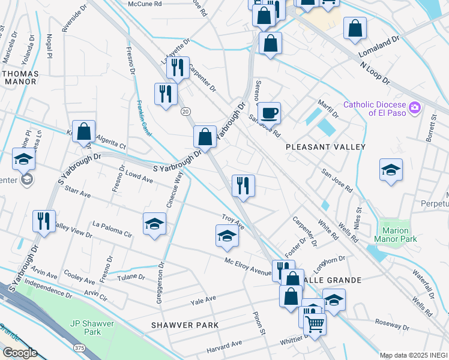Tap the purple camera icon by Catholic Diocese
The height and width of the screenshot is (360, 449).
click(x=414, y=108)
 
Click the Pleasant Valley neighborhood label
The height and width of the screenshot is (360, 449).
click(x=325, y=146)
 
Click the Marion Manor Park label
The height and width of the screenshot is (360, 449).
click(x=395, y=235)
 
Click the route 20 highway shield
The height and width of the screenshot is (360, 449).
click(x=186, y=111)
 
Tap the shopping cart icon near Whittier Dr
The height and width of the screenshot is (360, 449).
click(x=315, y=324)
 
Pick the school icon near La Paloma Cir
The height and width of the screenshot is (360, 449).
click(x=154, y=224)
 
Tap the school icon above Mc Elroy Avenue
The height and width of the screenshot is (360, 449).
click(x=227, y=235)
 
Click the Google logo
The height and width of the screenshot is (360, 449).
click(x=20, y=353)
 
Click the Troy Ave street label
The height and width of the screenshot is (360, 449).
click(x=233, y=221)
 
